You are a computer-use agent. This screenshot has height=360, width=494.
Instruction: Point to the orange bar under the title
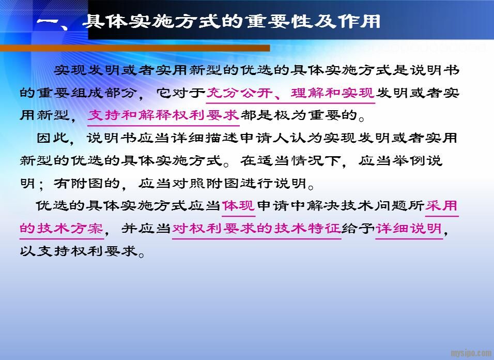point(135,48)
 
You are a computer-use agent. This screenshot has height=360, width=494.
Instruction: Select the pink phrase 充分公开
point(240,93)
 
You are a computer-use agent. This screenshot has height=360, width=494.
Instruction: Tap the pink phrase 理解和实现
point(333,93)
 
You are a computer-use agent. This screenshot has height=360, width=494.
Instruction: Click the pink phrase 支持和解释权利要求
point(163,115)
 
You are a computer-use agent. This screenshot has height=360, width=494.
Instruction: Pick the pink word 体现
point(239,206)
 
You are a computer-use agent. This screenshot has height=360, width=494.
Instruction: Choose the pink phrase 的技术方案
point(62,229)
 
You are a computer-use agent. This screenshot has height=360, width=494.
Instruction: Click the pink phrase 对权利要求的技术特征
point(256,229)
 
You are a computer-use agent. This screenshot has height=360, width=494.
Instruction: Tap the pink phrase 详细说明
point(409,229)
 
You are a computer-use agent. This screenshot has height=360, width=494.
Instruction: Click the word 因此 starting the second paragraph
point(53,138)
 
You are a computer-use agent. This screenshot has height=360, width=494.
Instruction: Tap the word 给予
point(358,229)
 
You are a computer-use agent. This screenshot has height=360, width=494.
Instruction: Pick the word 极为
point(290,115)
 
